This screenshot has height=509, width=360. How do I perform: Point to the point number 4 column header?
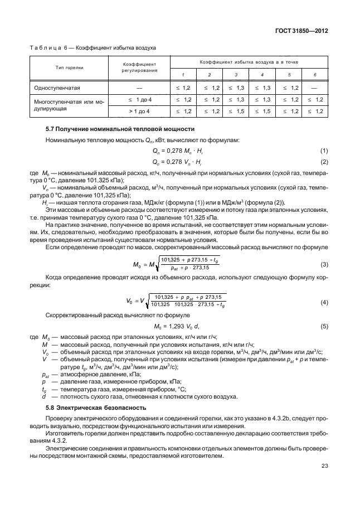pyautogui.click(x=262, y=74)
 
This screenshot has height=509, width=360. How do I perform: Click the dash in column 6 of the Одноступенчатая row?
pyautogui.click(x=315, y=88)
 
